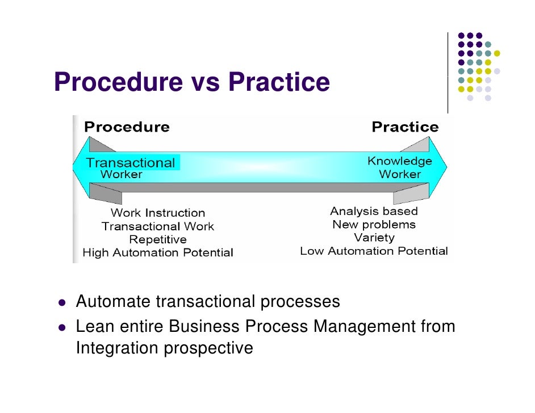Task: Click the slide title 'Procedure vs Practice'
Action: point(192,82)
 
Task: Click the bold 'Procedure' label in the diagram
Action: point(127,127)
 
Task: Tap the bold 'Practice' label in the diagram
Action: point(405,127)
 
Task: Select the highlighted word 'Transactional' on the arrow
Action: point(131,163)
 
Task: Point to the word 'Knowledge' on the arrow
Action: point(400,161)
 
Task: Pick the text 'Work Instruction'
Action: point(158,213)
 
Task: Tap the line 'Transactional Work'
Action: point(158,226)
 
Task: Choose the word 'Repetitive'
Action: point(158,239)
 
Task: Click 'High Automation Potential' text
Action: point(158,252)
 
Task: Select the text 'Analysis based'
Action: point(374,212)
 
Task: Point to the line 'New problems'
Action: point(374,225)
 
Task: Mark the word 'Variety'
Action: point(374,238)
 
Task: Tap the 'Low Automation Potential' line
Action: point(374,251)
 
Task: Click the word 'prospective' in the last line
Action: point(208,347)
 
